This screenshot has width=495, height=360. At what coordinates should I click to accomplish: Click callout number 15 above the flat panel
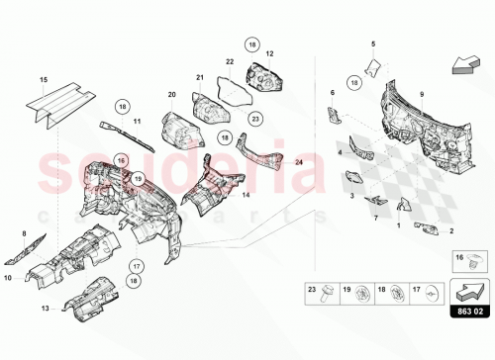pos(44,77)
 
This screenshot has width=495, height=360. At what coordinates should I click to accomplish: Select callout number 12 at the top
pos(268,51)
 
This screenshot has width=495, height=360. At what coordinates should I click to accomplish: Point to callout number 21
pos(199,77)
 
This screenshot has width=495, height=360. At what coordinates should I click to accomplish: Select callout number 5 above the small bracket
pos(374,44)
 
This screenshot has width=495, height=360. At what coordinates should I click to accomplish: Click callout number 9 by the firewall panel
pos(421,94)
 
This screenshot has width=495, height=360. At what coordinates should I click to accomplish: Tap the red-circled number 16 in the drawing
pos(122,158)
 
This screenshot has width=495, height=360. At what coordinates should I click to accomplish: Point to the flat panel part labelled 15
pos(59,100)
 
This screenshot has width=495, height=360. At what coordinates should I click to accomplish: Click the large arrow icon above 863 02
pos(458,291)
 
